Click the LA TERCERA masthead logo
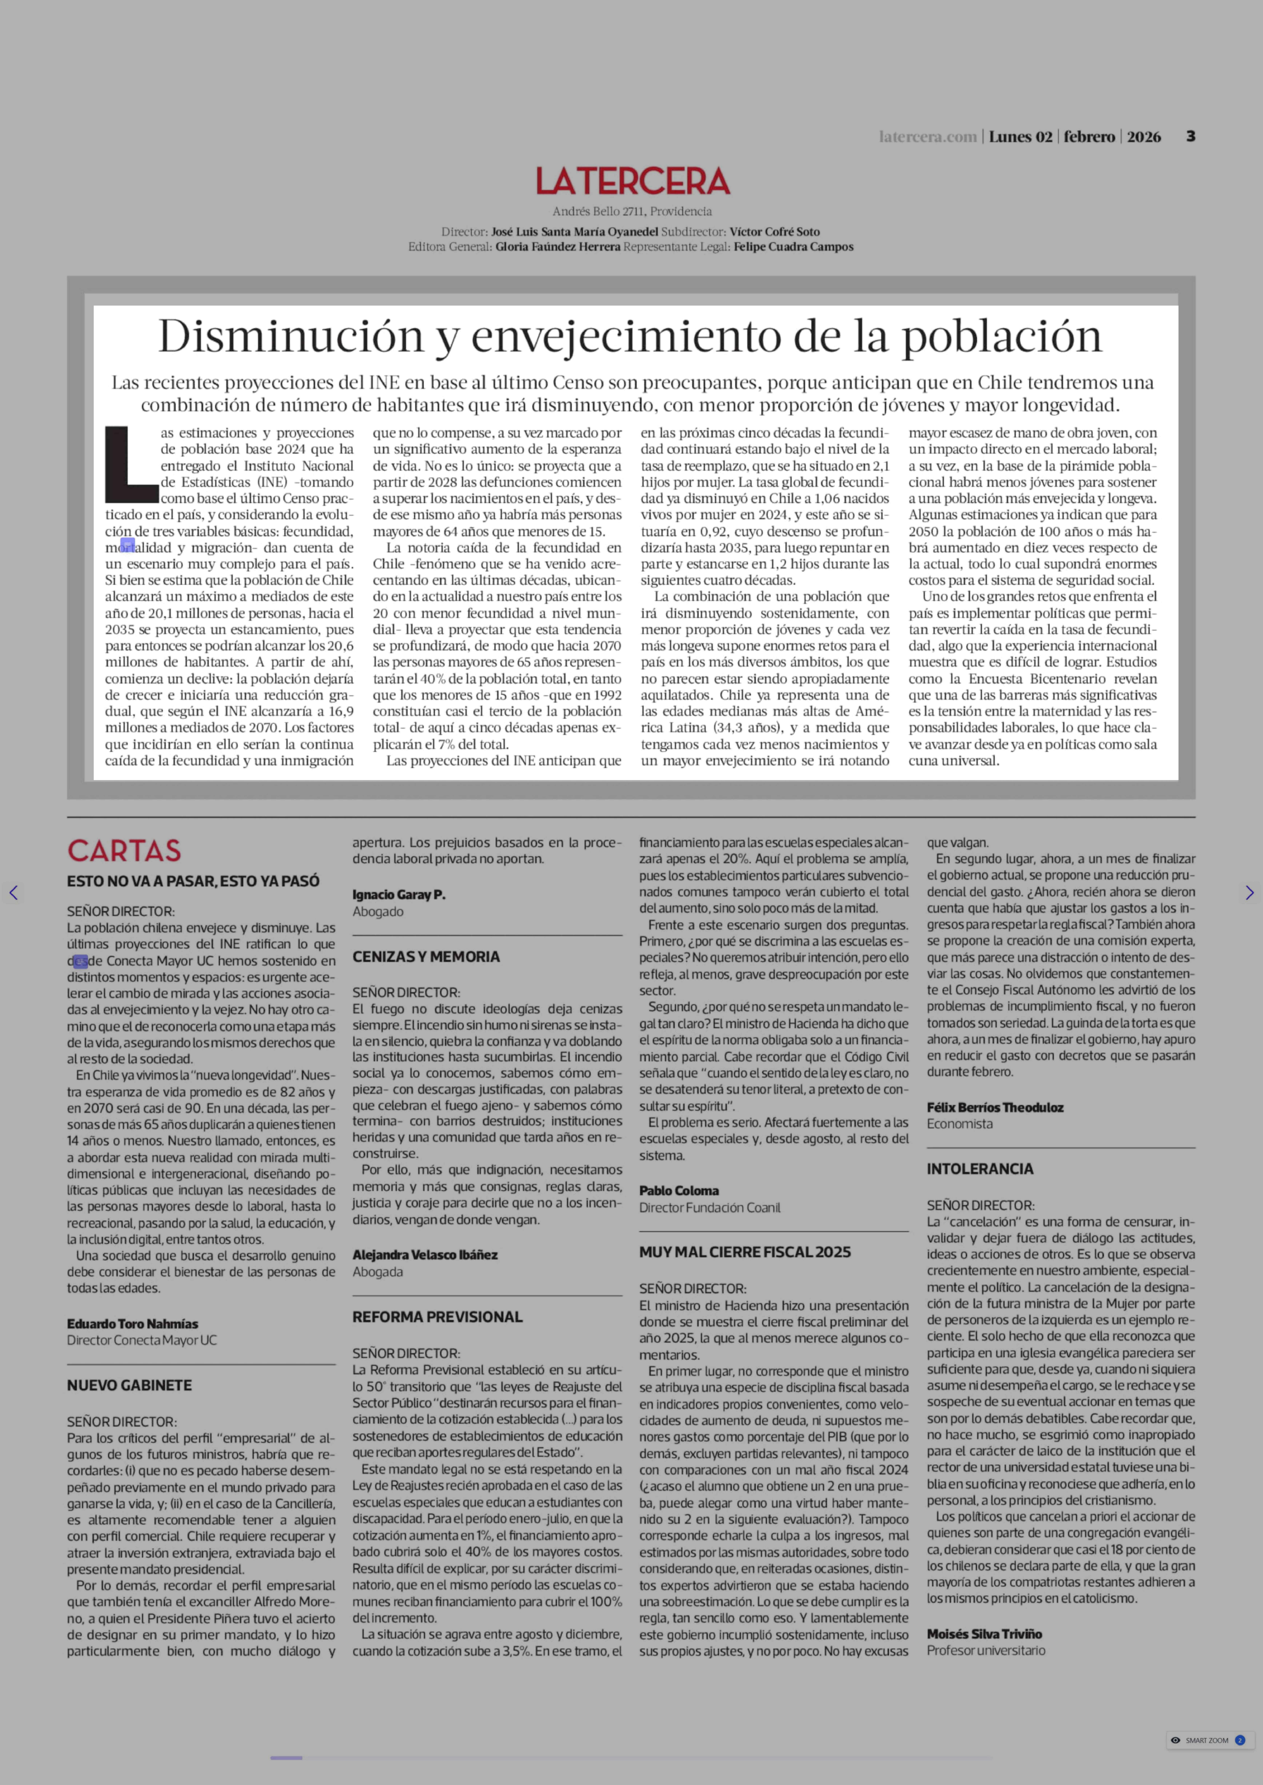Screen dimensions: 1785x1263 click(632, 181)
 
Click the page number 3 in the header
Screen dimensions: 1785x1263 click(1190, 136)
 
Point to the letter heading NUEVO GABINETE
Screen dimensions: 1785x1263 click(129, 1385)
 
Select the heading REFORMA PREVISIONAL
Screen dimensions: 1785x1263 click(437, 1316)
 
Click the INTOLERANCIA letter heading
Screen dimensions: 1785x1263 click(979, 1168)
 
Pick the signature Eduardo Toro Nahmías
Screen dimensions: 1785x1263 click(132, 1323)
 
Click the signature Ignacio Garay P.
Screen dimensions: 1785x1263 click(398, 894)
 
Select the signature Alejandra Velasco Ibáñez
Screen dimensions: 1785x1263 click(425, 1254)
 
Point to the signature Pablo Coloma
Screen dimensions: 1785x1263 click(678, 1190)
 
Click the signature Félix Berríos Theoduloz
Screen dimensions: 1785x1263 click(995, 1107)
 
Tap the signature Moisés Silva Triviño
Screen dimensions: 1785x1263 click(984, 1633)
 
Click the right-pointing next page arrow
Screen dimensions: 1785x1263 click(1249, 893)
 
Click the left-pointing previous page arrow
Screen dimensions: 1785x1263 click(13, 893)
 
